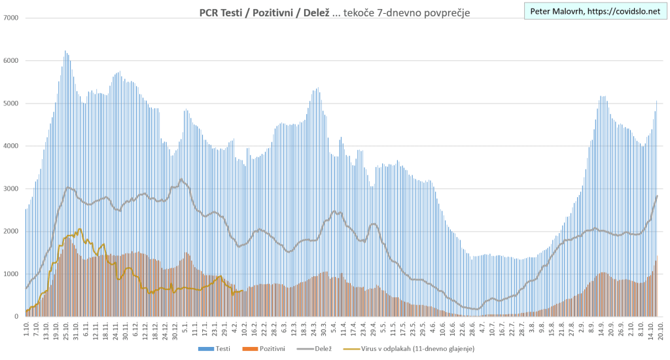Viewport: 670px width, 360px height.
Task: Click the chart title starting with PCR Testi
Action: [334, 12]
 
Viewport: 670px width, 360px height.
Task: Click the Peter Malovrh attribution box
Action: [594, 11]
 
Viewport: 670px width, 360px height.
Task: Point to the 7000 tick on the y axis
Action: [12, 18]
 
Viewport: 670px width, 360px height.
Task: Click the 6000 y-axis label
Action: [12, 60]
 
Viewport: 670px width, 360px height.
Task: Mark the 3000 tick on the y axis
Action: [12, 189]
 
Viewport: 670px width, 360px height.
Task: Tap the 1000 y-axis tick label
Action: [12, 274]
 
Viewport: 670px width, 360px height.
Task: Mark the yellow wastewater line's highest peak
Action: [80, 229]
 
